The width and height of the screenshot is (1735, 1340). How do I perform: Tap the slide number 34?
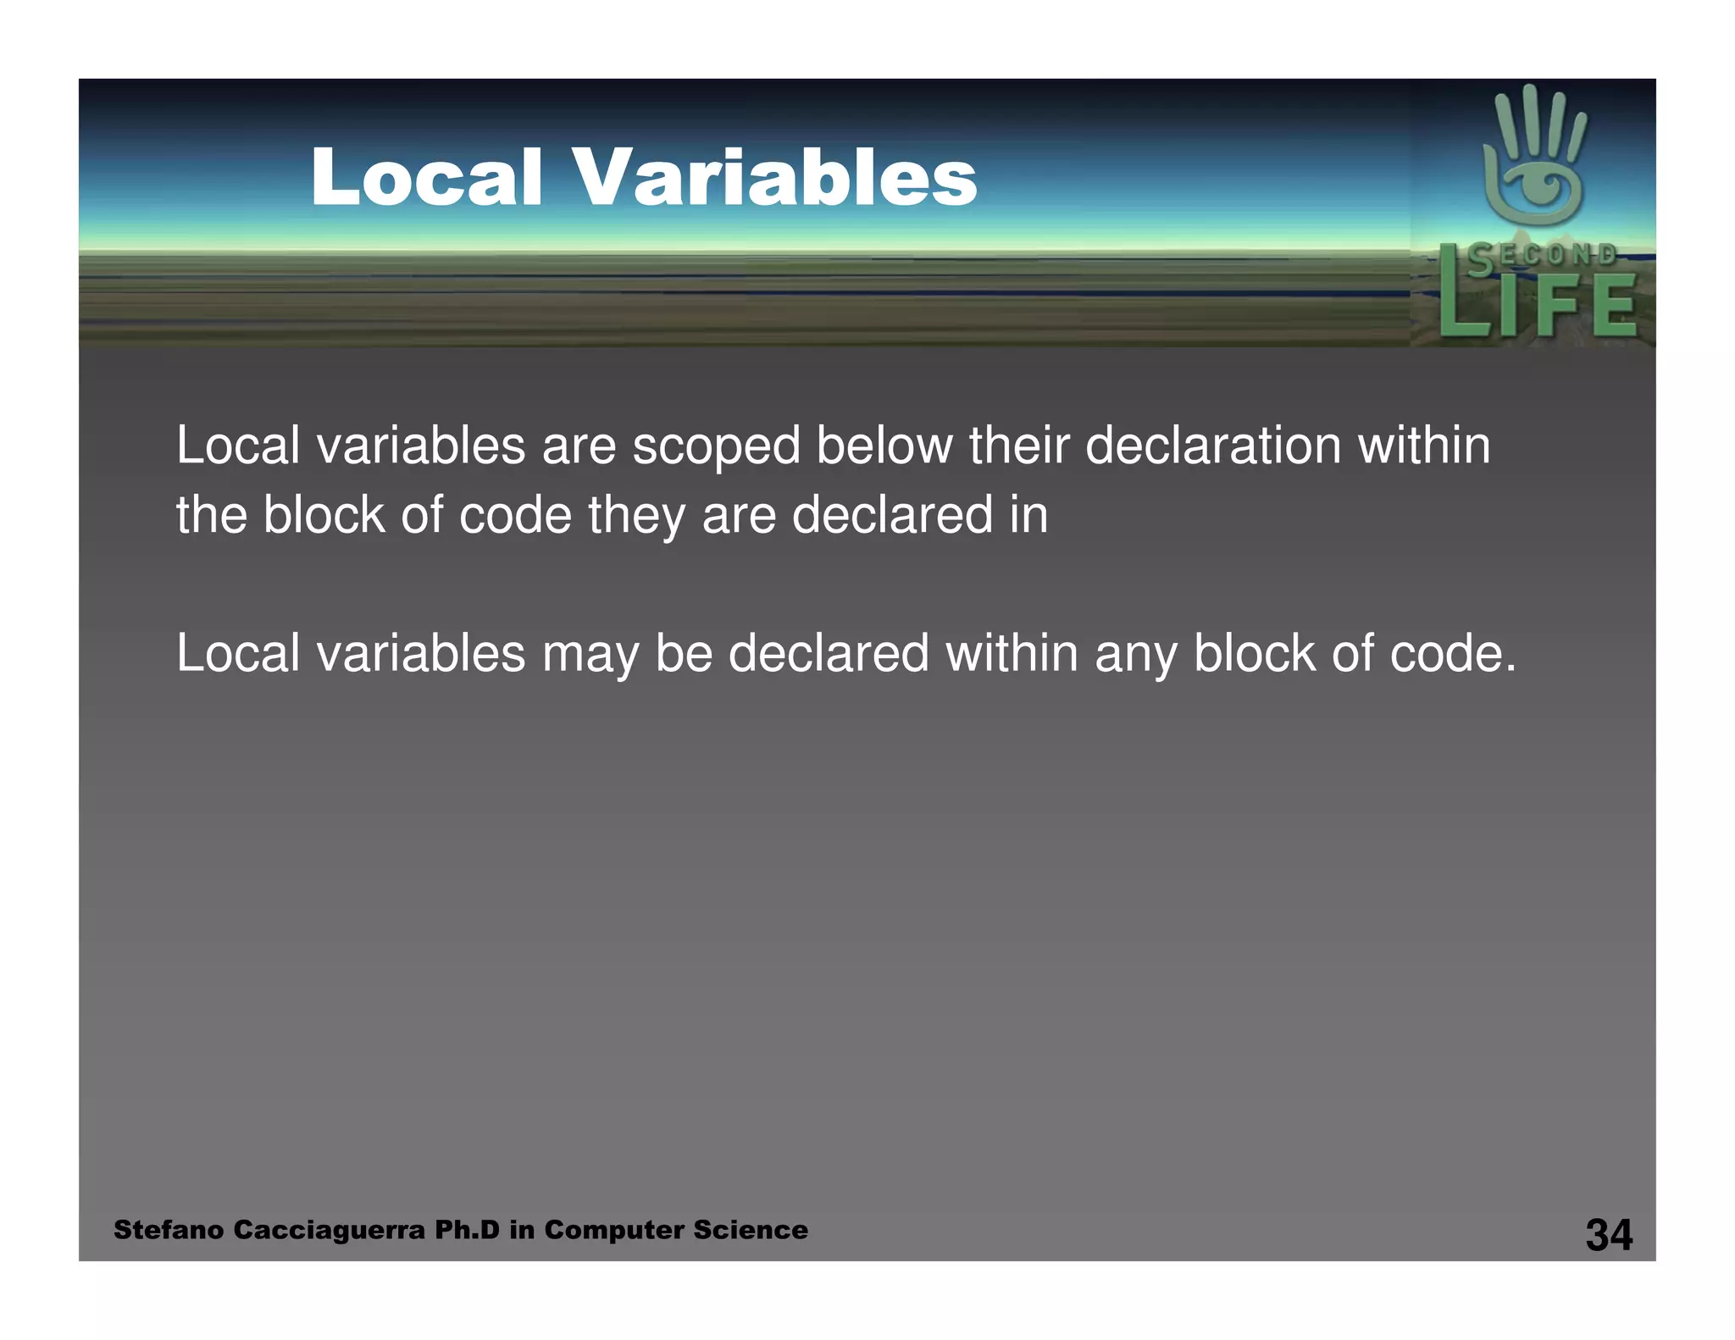tap(1609, 1234)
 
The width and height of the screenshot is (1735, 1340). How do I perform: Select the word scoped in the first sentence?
tap(716, 446)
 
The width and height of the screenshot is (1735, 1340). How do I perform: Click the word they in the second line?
tap(636, 516)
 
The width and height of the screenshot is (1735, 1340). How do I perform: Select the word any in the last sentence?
tap(1135, 655)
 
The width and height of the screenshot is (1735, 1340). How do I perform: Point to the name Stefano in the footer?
tap(169, 1230)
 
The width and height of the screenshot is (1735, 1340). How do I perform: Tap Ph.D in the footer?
tap(467, 1230)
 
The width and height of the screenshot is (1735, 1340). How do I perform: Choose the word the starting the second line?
tap(211, 516)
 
